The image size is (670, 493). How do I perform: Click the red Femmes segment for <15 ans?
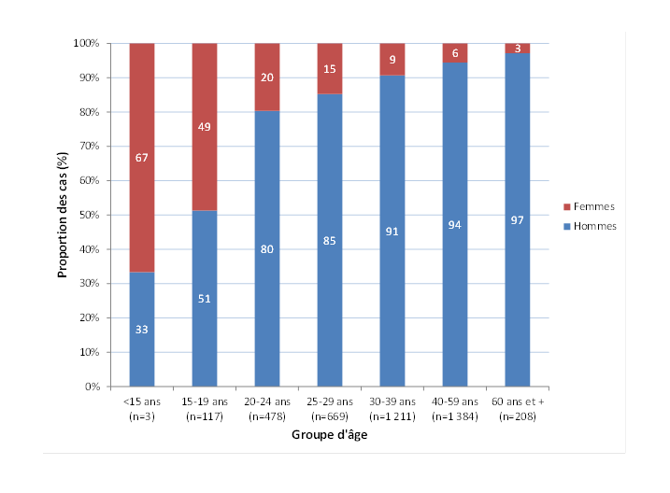point(142,112)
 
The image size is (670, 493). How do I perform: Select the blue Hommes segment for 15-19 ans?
point(205,336)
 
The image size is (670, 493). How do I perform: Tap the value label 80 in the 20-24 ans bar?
point(267,249)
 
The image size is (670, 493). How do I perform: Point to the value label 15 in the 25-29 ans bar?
point(330,69)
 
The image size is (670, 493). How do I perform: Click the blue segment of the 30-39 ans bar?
point(392,280)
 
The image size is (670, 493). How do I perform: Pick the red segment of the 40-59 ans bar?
point(455,52)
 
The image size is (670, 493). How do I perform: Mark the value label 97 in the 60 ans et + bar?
point(518,218)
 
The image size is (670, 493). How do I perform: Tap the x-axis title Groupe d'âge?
point(330,435)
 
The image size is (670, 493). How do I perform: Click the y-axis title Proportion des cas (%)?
point(64,215)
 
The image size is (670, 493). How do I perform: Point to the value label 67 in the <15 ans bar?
point(142,158)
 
